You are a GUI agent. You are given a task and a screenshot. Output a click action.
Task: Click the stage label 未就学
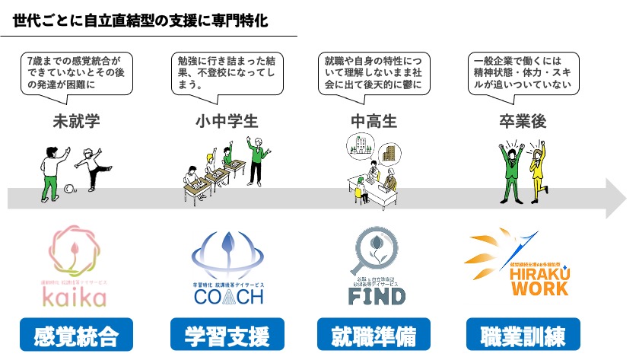coord(76,121)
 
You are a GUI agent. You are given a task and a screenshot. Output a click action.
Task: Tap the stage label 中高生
coord(373,121)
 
